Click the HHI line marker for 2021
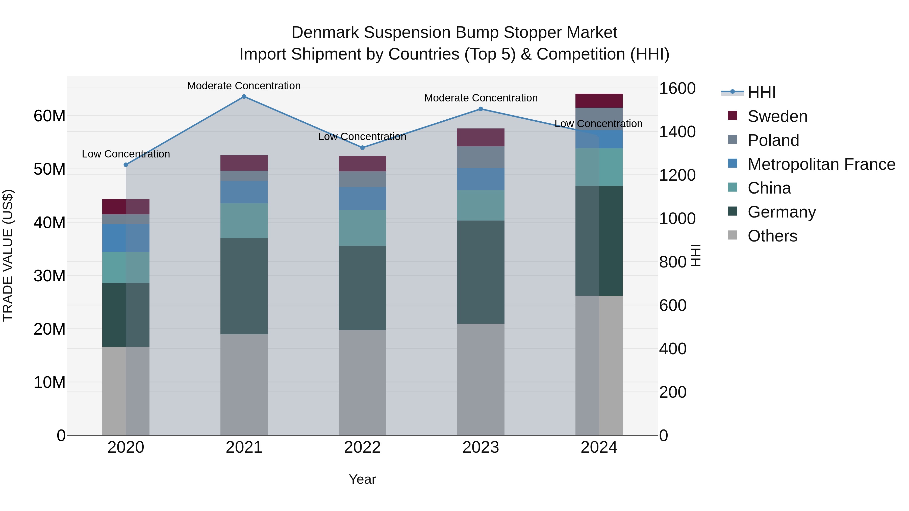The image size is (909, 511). click(244, 97)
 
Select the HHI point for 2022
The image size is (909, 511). click(362, 148)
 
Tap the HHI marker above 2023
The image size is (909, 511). click(481, 109)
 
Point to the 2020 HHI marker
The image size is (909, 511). click(126, 165)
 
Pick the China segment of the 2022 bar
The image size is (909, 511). click(362, 228)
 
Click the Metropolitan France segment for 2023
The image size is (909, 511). click(481, 179)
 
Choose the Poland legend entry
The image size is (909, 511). click(773, 140)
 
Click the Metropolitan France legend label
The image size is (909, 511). click(821, 164)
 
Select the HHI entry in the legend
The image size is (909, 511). click(762, 92)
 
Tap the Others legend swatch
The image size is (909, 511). click(733, 235)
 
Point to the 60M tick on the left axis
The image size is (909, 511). click(49, 116)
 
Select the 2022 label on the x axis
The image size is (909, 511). click(362, 447)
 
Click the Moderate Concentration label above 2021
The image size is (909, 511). click(244, 86)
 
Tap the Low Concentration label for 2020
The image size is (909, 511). click(126, 154)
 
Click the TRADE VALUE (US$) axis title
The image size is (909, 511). click(8, 255)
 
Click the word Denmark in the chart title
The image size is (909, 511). click(325, 33)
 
